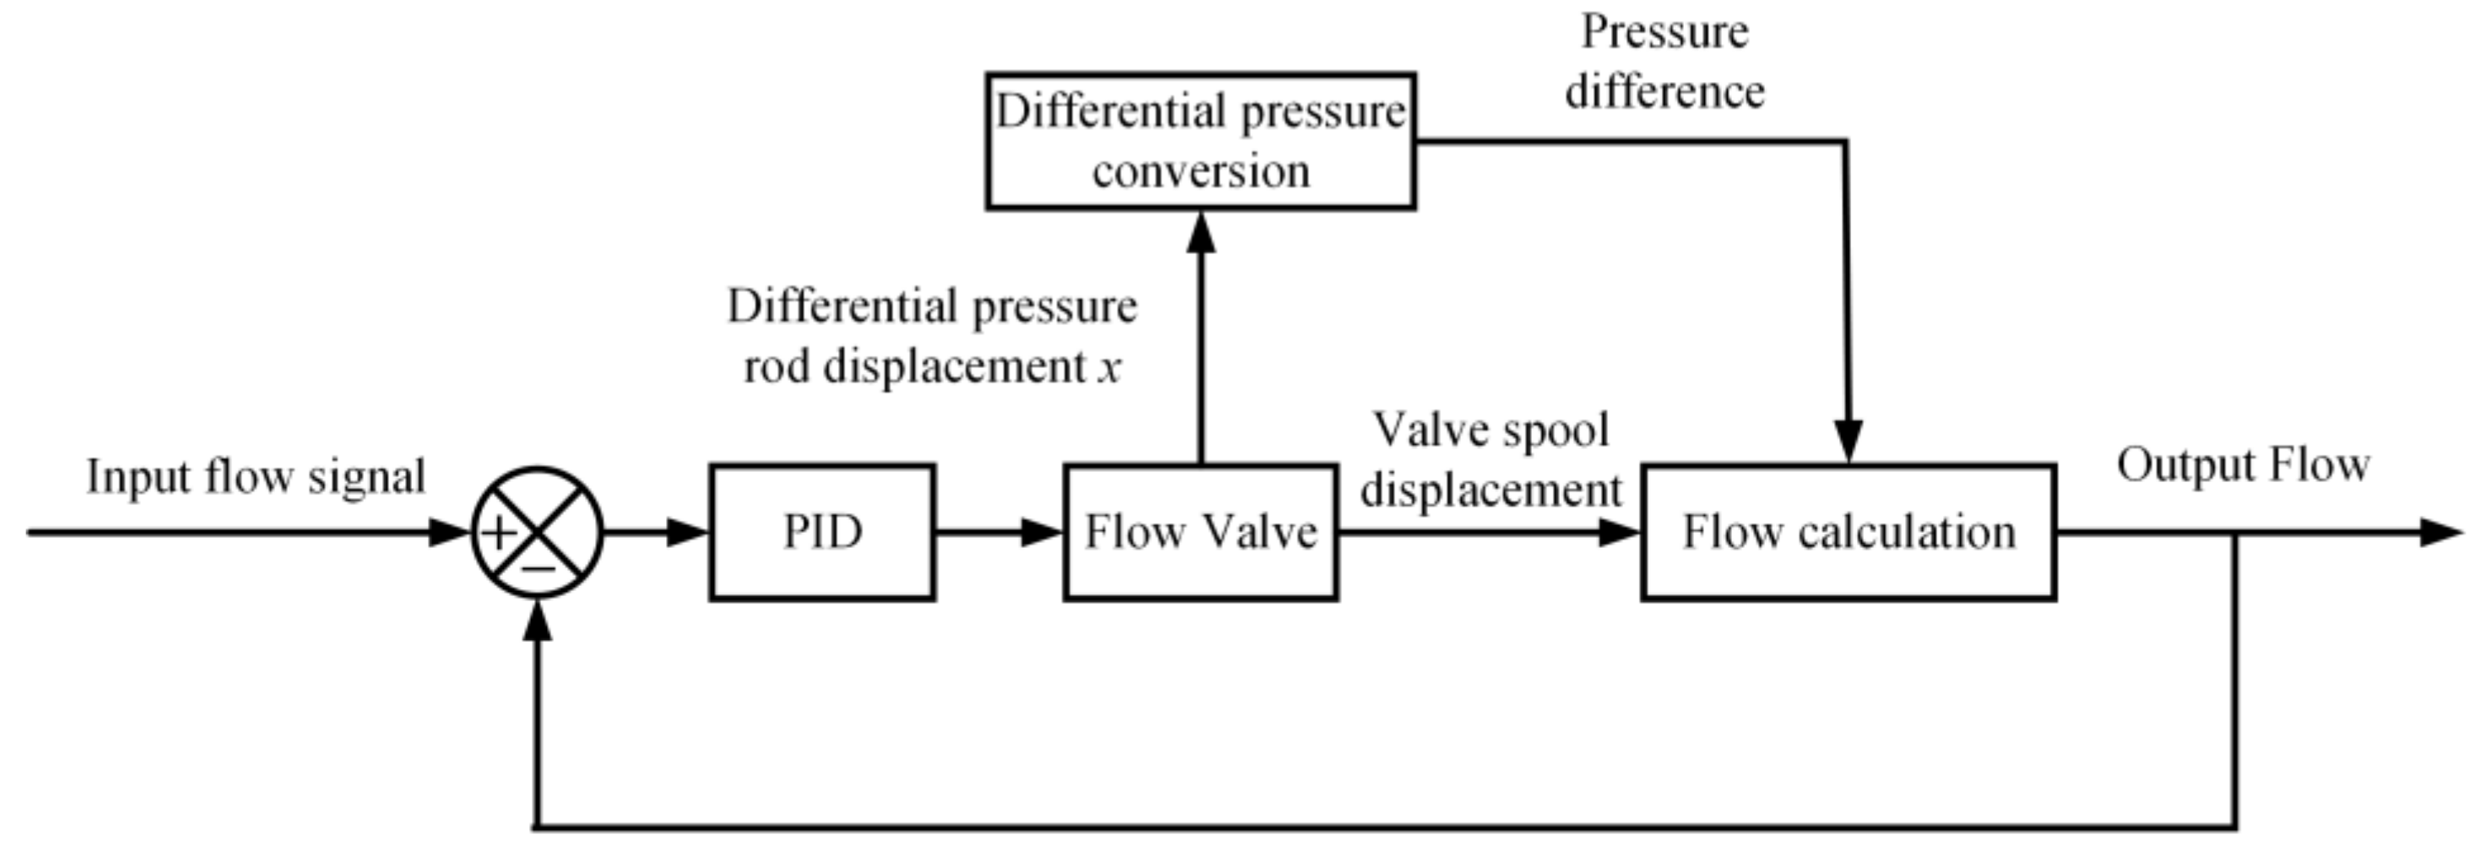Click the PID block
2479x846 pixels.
click(822, 532)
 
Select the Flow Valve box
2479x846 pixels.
click(1200, 532)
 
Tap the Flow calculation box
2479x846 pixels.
click(1848, 532)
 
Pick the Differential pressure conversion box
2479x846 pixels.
click(1200, 140)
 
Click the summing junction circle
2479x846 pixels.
click(537, 532)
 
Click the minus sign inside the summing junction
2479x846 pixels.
click(538, 569)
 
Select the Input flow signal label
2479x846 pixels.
click(256, 476)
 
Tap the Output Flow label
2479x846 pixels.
click(2243, 465)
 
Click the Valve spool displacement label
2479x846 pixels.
click(1491, 460)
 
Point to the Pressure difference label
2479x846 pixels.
click(1664, 62)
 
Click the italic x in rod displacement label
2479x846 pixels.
click(1110, 367)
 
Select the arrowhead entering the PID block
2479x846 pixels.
click(689, 532)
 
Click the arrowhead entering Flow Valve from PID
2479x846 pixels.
click(1042, 532)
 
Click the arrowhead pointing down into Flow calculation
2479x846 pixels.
click(1848, 442)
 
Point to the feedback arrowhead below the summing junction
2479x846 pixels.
click(538, 621)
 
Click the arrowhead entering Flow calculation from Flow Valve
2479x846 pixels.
click(1619, 532)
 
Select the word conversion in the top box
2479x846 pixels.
click(1201, 171)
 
